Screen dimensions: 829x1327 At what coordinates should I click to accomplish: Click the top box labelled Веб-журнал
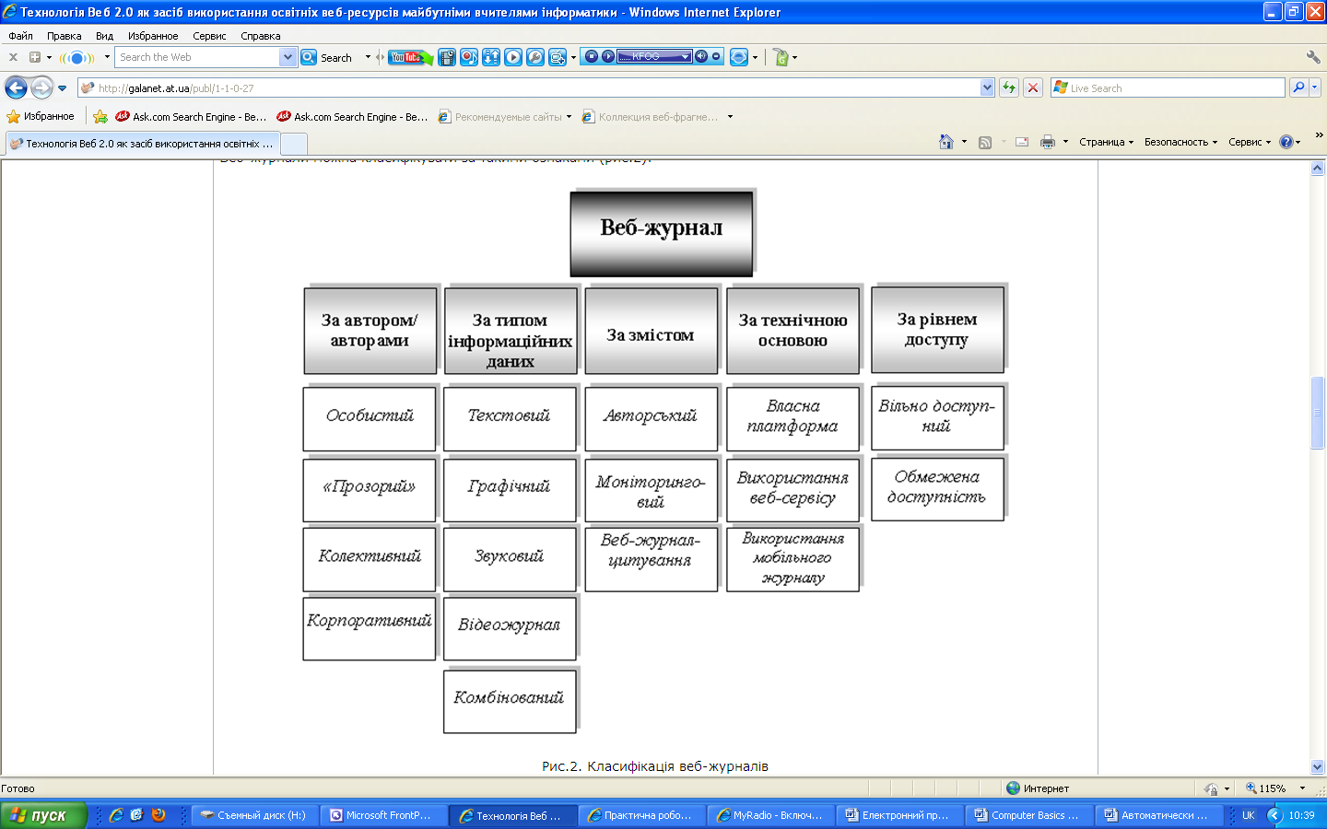661,232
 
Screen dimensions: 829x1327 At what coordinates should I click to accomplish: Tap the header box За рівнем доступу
936,330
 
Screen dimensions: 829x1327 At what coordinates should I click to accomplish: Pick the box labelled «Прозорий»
369,488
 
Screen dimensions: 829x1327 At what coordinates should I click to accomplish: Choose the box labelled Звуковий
510,558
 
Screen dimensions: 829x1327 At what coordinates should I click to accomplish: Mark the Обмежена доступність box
936,488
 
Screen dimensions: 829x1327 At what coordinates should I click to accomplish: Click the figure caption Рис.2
654,766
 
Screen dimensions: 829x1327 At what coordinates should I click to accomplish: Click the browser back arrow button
17,88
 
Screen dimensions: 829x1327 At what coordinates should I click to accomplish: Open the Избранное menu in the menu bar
153,36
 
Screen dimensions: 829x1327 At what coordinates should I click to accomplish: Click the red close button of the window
1315,12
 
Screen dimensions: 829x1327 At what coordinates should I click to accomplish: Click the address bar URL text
176,88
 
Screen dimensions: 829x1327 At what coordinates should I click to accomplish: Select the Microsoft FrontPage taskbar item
383,815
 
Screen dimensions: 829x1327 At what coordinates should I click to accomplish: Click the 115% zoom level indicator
1272,788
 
